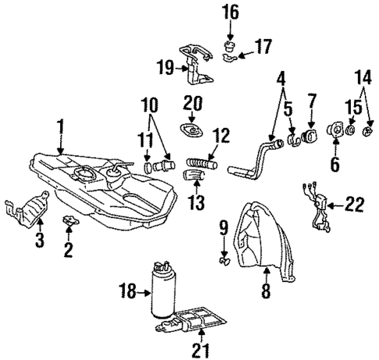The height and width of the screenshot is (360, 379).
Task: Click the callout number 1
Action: (x=59, y=124)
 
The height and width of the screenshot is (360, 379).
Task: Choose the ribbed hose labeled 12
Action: (x=201, y=162)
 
